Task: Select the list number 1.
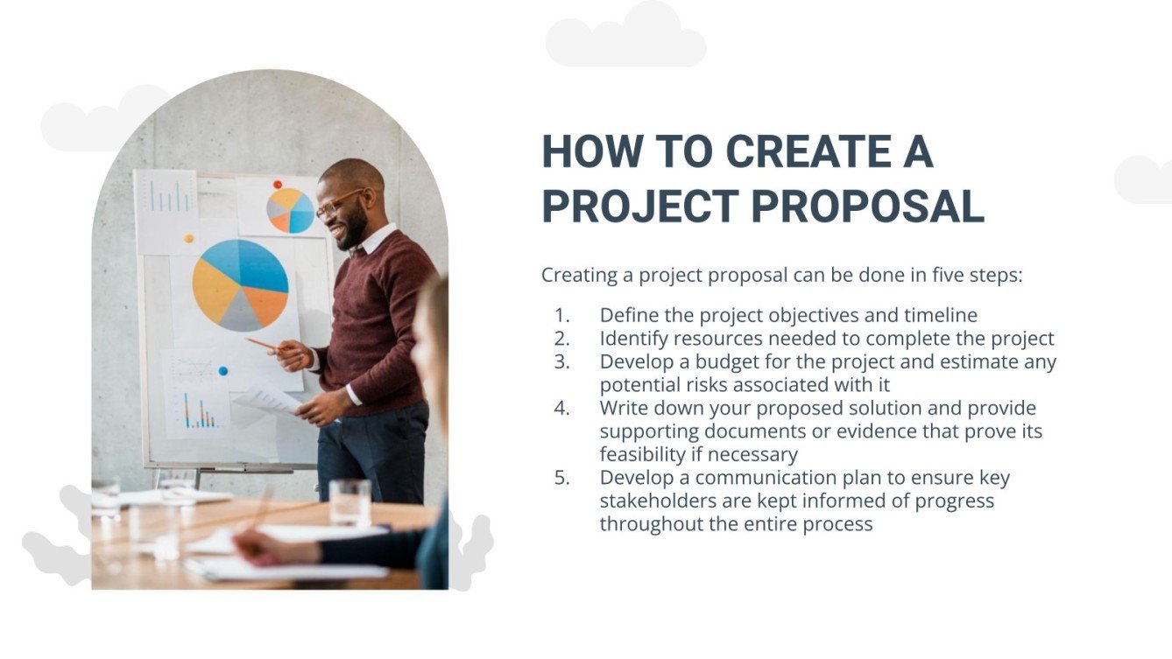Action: tap(561, 315)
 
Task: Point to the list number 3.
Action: tap(561, 361)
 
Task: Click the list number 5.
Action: tap(561, 478)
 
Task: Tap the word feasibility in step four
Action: tap(646, 454)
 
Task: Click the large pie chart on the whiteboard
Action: tap(240, 284)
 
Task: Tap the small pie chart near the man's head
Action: tap(290, 210)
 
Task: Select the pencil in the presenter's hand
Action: tap(263, 344)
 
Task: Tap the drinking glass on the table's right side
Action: tap(349, 502)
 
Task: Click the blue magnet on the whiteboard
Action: tap(223, 371)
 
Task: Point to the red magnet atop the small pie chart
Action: tap(278, 185)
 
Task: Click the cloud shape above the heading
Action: tap(625, 37)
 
